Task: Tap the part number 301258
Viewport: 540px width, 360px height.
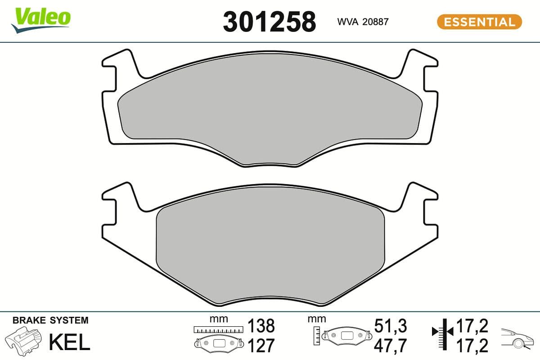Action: pyautogui.click(x=269, y=21)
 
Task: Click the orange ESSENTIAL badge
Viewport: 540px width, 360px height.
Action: pyautogui.click(x=479, y=22)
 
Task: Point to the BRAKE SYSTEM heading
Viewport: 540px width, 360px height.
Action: pyautogui.click(x=50, y=320)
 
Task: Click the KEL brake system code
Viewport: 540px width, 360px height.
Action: pyautogui.click(x=69, y=342)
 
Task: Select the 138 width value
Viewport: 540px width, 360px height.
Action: pyautogui.click(x=261, y=325)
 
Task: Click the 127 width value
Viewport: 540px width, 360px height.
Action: pyautogui.click(x=261, y=346)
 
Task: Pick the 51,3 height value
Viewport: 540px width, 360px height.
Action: pyautogui.click(x=390, y=325)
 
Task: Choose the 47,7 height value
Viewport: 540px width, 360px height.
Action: pyautogui.click(x=390, y=346)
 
